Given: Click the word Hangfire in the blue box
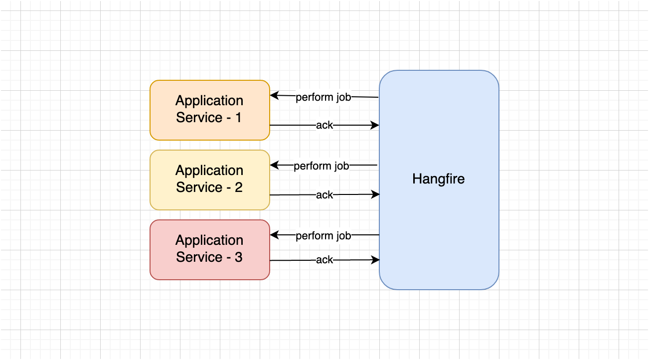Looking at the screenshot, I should tap(438, 179).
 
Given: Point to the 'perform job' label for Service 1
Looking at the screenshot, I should tap(324, 97).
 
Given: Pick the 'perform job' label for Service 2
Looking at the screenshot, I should tap(322, 166).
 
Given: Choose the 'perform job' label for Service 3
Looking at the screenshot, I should tap(324, 235).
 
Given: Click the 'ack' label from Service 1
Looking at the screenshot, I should tap(324, 125).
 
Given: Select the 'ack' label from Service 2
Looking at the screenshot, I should tap(324, 195).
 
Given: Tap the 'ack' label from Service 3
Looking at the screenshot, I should tap(324, 260).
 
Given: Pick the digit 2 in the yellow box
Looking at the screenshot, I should tap(238, 187).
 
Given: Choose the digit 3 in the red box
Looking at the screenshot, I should tap(238, 257).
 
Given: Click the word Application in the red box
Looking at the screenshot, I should tap(209, 240).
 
